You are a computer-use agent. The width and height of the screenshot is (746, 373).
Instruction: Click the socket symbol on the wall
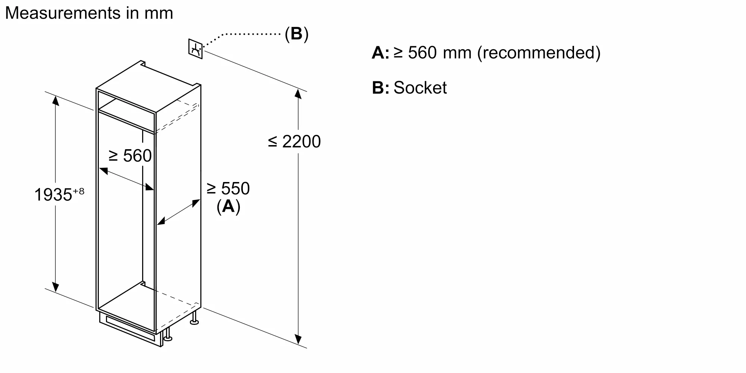195,48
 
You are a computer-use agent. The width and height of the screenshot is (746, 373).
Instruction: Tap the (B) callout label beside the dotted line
297,34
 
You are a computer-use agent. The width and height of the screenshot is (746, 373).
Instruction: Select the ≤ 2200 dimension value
294,142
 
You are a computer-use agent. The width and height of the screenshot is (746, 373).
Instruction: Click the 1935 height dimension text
53,195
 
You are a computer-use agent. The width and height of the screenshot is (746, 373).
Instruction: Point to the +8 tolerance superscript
79,191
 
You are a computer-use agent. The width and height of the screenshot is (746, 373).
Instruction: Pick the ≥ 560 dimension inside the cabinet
130,156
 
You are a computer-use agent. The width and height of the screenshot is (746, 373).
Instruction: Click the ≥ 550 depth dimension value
228,188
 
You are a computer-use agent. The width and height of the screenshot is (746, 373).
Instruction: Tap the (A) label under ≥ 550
228,206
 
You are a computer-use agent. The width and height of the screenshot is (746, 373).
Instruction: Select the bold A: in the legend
380,53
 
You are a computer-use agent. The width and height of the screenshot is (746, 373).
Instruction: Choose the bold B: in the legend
380,88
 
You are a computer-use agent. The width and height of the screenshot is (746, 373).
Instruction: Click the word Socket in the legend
420,88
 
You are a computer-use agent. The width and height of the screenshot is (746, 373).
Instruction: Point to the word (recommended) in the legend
539,53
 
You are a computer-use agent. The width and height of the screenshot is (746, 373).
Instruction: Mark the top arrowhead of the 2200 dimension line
298,94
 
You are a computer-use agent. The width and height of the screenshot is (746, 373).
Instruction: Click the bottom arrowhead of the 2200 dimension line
298,339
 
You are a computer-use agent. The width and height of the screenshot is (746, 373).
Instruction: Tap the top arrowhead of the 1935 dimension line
56,100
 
